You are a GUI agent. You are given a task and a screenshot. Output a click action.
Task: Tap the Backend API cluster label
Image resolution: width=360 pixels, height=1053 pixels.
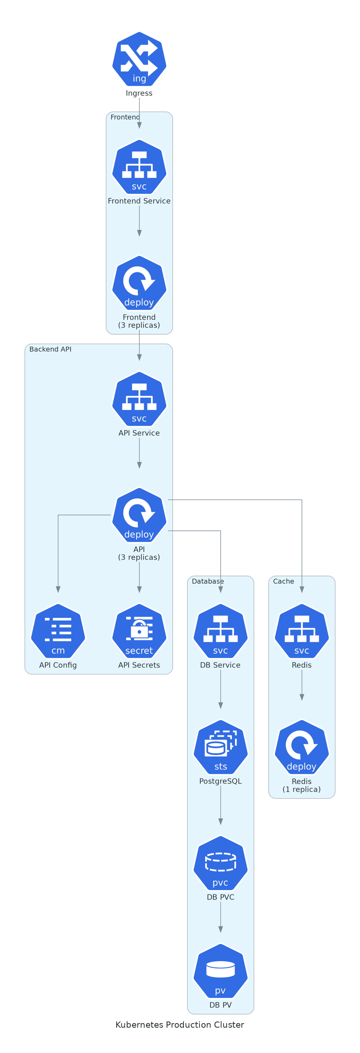[50, 349]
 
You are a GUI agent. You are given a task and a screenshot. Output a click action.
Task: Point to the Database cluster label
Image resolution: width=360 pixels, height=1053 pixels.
[207, 581]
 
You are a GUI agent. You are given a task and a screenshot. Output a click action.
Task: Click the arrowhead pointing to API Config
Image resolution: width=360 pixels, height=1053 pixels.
[58, 589]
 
